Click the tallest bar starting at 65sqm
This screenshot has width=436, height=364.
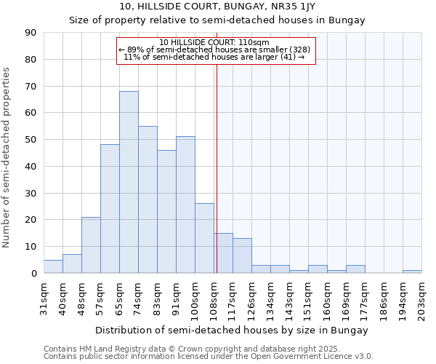coord(129,182)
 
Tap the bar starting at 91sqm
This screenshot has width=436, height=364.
coord(185,205)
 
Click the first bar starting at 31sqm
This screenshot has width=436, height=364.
coord(53,266)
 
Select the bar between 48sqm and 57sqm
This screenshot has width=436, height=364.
coord(91,245)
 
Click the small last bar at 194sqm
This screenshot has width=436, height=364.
coord(412,272)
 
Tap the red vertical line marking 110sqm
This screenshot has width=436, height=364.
coord(217,167)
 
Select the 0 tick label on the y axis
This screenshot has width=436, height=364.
coord(33,274)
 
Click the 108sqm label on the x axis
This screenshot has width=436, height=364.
coord(214,297)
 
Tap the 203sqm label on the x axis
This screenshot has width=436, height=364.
coord(422,297)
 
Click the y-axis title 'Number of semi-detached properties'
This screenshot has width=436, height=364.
coord(7,157)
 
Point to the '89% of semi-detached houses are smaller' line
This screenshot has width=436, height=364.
coord(215,50)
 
